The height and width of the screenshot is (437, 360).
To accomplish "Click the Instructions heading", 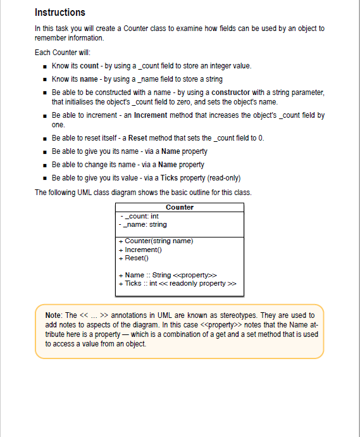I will [x=60, y=13].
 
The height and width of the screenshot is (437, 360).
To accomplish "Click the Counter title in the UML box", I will [x=180, y=207].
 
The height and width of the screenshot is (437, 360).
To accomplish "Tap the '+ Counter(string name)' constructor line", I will [x=156, y=241].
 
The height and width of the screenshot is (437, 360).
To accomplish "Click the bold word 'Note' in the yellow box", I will [x=53, y=315].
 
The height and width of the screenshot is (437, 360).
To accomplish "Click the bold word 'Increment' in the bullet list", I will [x=152, y=115].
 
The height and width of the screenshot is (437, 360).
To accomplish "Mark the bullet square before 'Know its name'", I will [x=44, y=79].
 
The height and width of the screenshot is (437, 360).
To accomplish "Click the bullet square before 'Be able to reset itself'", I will [x=44, y=138].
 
